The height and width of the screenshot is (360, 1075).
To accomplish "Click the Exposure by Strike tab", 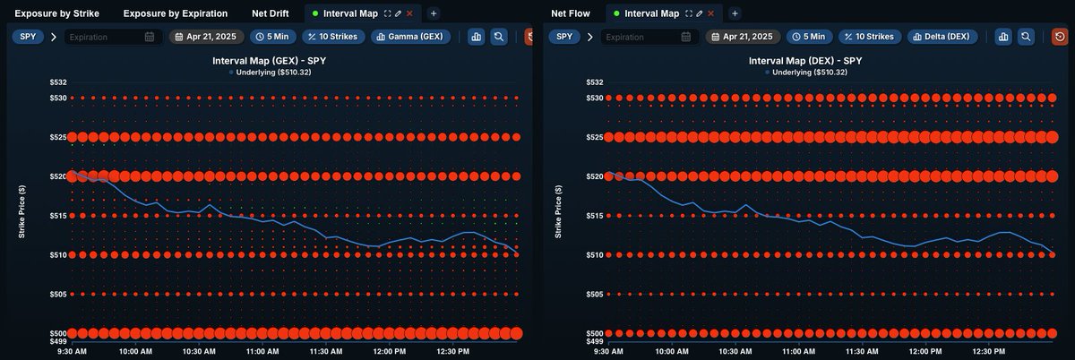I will [57, 13].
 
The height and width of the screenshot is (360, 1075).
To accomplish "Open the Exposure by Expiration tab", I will [176, 13].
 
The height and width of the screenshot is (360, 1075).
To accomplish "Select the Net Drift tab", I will [270, 13].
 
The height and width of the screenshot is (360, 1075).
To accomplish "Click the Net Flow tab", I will [571, 13].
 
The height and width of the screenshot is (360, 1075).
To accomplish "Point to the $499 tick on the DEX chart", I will [594, 341].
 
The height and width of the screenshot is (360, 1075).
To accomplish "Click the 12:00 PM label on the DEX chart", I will [930, 352].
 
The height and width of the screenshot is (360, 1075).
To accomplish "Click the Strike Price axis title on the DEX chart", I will [559, 212].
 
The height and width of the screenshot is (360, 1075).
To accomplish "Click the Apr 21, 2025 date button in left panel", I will [206, 37].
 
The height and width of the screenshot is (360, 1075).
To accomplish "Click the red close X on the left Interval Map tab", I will [410, 13].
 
